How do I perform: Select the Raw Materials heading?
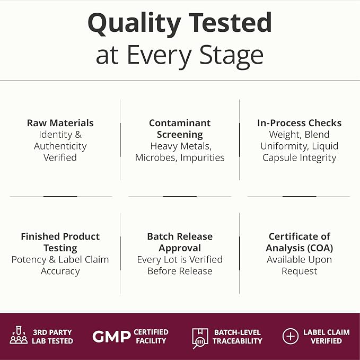[x=60, y=123]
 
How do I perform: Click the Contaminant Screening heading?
[x=180, y=128]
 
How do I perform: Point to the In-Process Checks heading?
[x=300, y=123]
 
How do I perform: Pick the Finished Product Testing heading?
[x=60, y=242]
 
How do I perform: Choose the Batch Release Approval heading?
[x=180, y=242]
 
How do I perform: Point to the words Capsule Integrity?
[x=300, y=158]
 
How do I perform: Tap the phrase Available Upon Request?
[x=300, y=266]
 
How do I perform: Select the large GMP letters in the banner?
[x=111, y=337]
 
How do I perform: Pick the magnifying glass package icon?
[x=200, y=338]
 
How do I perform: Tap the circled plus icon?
[x=291, y=336]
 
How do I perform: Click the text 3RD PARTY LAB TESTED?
[x=52, y=337]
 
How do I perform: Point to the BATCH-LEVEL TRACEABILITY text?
[x=238, y=337]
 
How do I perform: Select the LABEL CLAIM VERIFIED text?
[x=327, y=337]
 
